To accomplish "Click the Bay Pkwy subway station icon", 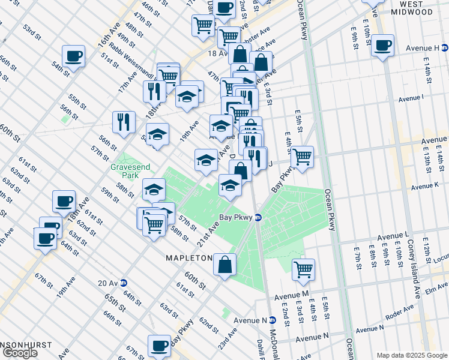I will pos(258,217).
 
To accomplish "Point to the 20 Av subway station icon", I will pos(124,283).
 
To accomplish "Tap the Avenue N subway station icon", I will pos(272,320).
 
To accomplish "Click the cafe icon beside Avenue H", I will pos(382,44).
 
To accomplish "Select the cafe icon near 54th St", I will pos(73,56).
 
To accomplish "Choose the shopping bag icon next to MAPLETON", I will pos(224,265).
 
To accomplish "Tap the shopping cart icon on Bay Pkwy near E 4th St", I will pos(302,157).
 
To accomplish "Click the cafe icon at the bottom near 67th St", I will pos(160,346).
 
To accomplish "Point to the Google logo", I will pos(20,353).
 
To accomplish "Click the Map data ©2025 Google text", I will pos(412,355).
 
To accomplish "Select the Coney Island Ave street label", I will pos(413,274).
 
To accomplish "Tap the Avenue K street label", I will pos(427,187).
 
